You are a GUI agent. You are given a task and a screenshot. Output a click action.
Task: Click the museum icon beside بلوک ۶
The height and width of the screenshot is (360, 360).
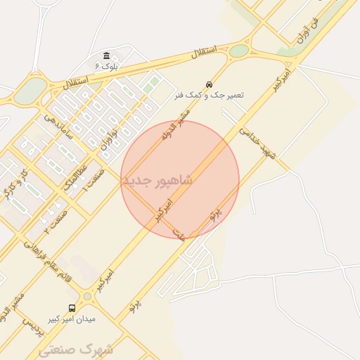tap(106, 56)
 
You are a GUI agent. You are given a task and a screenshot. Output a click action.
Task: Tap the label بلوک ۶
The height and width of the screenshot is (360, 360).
tap(106, 66)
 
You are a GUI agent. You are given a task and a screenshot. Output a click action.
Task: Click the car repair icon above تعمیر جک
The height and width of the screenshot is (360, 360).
tap(208, 84)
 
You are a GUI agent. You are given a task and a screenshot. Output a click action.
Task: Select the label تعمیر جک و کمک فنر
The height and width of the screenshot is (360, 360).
tap(209, 94)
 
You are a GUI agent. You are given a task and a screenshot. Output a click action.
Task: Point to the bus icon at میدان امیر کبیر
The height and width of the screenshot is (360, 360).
tap(72, 308)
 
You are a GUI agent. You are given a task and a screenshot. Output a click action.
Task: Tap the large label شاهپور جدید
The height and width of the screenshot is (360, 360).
tap(157, 181)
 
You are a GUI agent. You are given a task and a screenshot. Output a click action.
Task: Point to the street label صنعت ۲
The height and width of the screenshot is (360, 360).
tap(56, 220)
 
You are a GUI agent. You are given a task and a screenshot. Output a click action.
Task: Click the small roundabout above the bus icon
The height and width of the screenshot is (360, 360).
tap(87, 297)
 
